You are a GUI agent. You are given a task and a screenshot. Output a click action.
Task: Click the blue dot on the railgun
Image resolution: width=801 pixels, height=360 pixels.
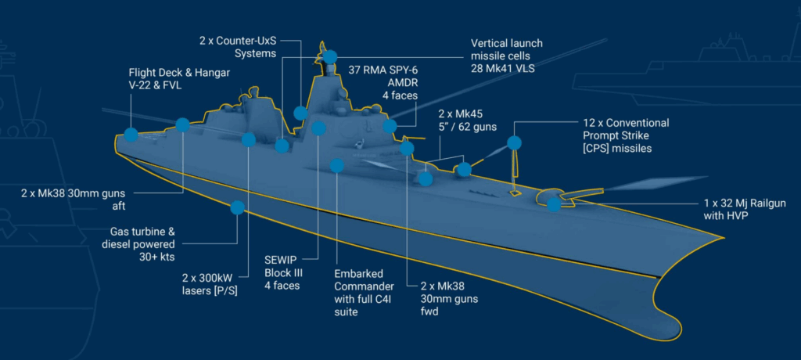click(554, 204)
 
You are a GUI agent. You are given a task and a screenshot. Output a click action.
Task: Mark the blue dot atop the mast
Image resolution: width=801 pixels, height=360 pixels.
click(329, 56)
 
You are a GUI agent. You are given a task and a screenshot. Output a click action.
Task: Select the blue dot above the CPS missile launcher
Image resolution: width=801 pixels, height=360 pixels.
click(514, 142)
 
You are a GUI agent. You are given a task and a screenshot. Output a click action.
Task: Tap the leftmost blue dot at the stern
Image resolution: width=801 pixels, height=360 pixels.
click(131, 135)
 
